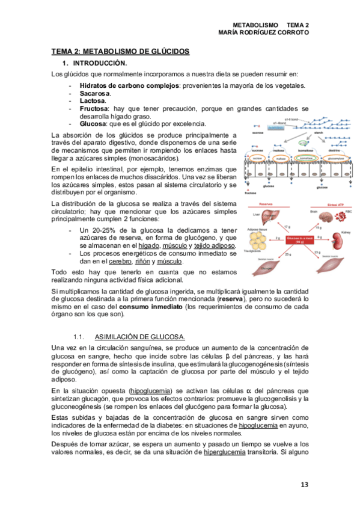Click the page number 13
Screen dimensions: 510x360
(x=304, y=484)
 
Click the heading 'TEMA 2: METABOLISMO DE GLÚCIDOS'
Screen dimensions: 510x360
(x=120, y=52)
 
